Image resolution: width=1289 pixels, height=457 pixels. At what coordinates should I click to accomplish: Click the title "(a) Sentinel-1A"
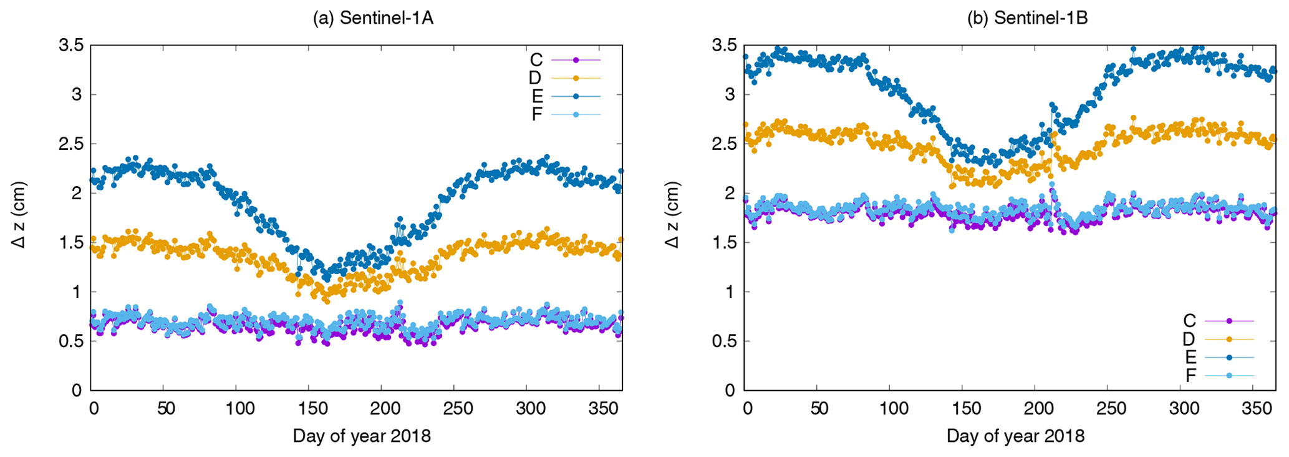click(x=372, y=18)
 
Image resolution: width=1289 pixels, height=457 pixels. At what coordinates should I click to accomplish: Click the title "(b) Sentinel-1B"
click(x=1027, y=18)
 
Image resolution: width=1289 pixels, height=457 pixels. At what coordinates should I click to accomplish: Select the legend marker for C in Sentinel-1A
click(x=576, y=60)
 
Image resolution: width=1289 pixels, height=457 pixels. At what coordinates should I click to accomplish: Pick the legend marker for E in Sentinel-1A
click(x=576, y=96)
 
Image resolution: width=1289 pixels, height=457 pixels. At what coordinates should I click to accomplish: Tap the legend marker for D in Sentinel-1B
click(x=1229, y=339)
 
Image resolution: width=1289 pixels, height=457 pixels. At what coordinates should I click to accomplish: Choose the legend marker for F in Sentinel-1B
click(x=1229, y=375)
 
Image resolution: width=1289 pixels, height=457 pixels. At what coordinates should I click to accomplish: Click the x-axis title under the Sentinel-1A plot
click(x=362, y=436)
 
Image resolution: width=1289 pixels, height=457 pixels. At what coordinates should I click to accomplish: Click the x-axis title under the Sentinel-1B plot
click(x=1015, y=436)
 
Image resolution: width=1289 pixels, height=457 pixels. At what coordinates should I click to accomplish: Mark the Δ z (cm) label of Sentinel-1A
click(x=20, y=215)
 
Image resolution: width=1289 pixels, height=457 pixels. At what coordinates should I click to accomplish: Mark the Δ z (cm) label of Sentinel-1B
click(x=673, y=215)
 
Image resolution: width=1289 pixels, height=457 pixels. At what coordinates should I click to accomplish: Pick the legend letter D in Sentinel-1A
click(x=536, y=78)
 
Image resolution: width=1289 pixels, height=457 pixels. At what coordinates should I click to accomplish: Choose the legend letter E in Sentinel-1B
click(x=1190, y=357)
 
